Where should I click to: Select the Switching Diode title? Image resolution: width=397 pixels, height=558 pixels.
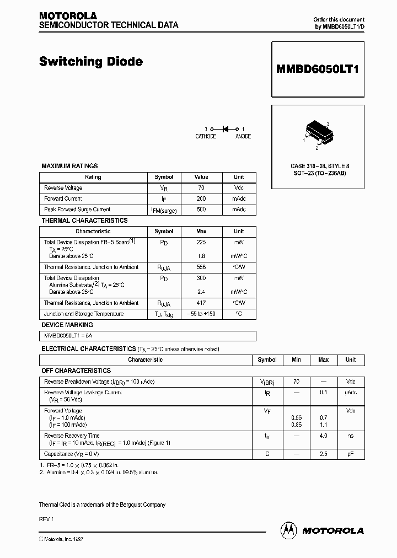click(x=91, y=62)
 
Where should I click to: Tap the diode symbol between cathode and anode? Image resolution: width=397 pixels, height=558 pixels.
click(x=225, y=129)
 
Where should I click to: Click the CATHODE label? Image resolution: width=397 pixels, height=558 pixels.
click(x=206, y=136)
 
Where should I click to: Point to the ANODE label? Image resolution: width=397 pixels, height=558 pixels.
click(x=243, y=136)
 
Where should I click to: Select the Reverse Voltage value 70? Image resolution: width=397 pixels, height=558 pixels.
click(x=201, y=188)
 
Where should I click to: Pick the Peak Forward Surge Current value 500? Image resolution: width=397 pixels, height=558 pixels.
click(x=201, y=210)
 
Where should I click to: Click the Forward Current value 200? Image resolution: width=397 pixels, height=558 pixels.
click(x=201, y=199)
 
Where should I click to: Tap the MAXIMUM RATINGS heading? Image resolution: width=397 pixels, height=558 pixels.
click(x=69, y=166)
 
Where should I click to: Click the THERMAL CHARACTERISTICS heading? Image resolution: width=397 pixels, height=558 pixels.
click(x=84, y=221)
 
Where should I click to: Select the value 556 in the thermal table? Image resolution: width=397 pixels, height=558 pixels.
click(x=201, y=267)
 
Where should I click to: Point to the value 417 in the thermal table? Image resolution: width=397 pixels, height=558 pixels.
click(x=201, y=303)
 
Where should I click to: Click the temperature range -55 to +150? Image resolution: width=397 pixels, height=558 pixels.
click(x=201, y=314)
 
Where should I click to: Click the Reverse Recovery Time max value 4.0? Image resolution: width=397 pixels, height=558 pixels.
click(x=323, y=436)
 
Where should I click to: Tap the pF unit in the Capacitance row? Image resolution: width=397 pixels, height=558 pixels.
click(x=350, y=454)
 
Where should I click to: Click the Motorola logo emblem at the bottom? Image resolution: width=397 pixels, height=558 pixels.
click(x=288, y=530)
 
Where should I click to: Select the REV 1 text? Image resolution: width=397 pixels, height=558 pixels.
click(x=45, y=519)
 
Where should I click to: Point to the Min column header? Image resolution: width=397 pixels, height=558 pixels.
click(x=296, y=360)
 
